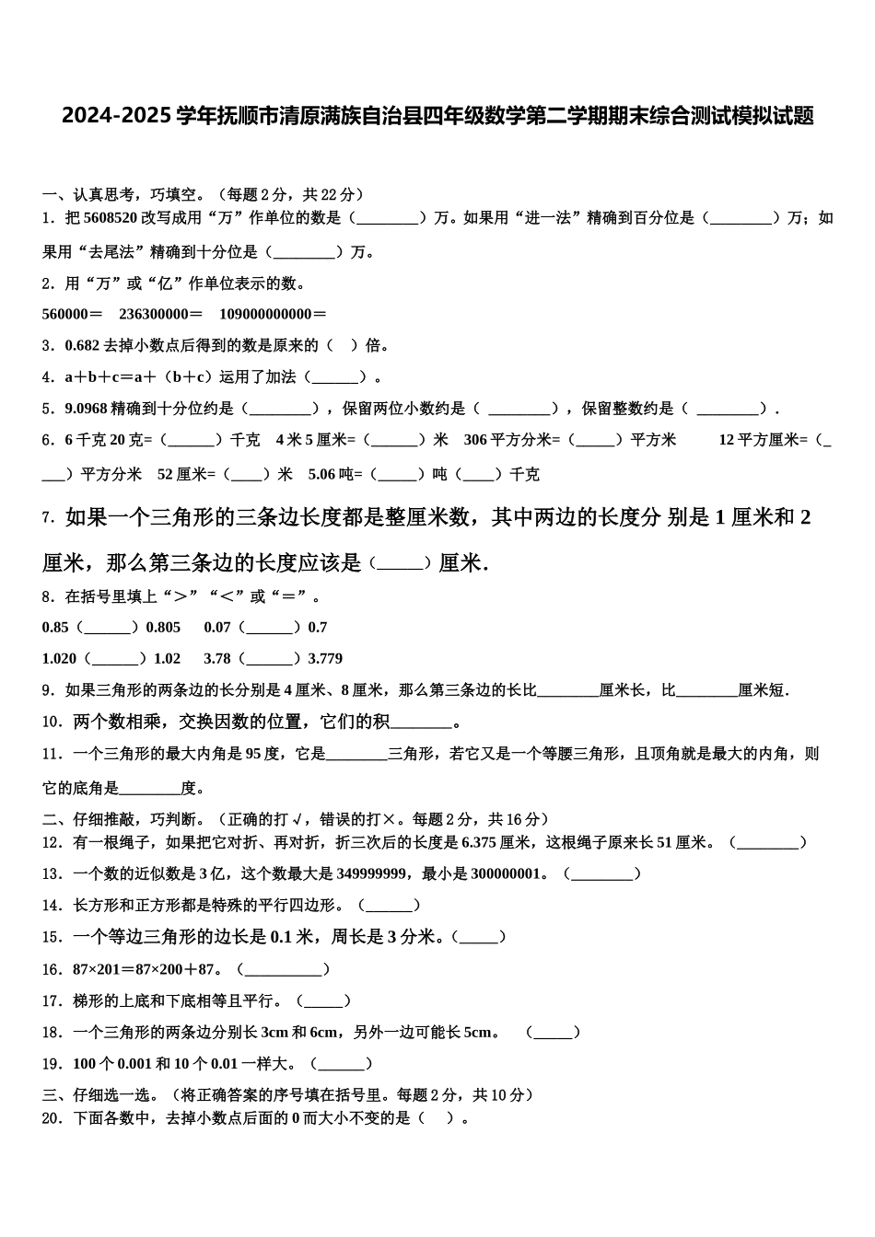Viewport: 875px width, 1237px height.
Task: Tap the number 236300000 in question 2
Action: [160, 314]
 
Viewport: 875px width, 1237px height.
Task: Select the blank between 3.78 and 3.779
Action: [270, 659]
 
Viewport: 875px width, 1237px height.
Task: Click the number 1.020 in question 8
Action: [59, 659]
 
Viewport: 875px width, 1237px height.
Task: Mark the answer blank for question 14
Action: [389, 906]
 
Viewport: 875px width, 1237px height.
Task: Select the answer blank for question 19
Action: [342, 1064]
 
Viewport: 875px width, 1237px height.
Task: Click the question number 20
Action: [52, 1118]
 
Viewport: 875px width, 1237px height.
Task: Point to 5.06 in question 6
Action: [322, 475]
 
